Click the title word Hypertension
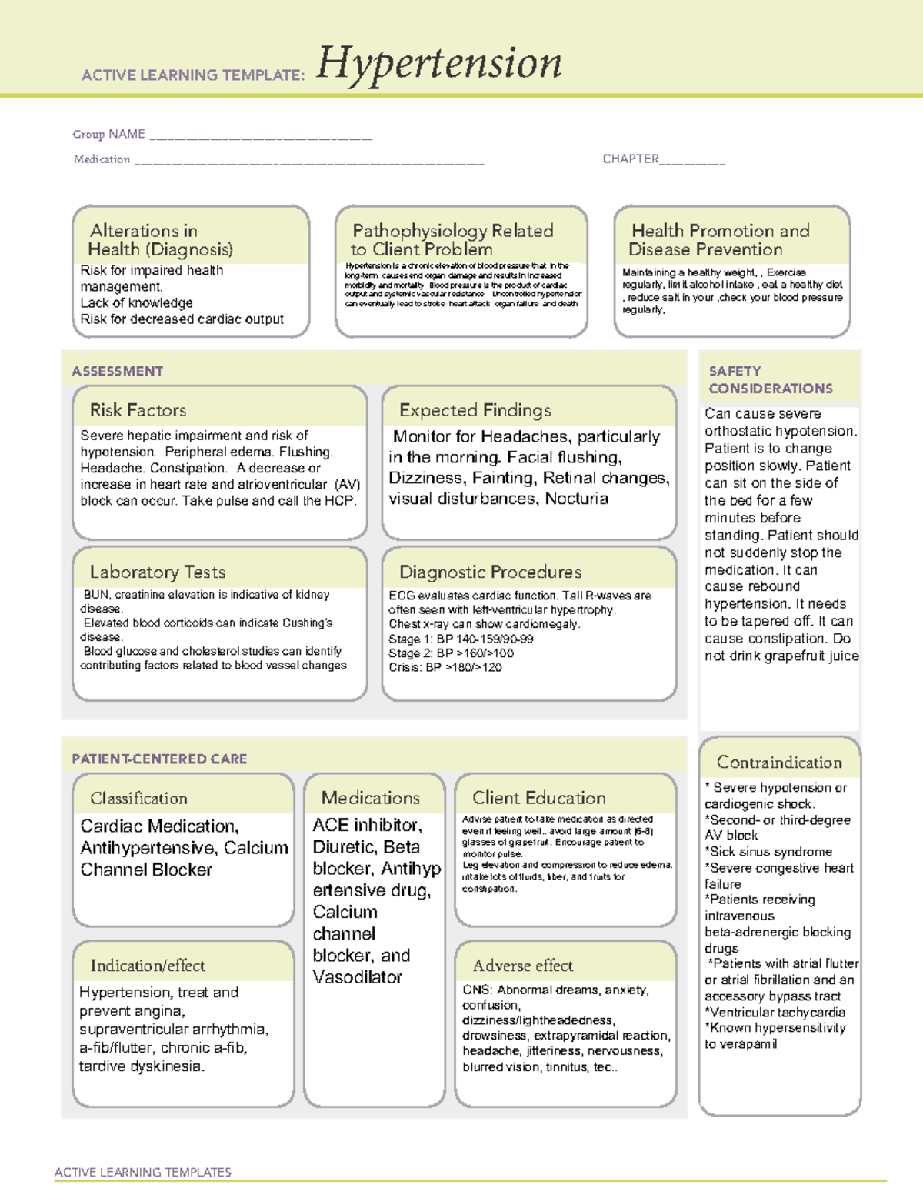tap(439, 64)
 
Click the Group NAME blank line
tap(261, 137)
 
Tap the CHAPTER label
tap(630, 159)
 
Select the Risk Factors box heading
tap(138, 410)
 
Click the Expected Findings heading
tap(475, 410)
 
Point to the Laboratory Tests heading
tap(157, 572)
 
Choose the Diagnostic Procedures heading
tap(490, 572)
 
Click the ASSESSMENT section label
tap(117, 371)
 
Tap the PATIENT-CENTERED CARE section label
tap(159, 759)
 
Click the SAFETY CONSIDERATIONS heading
tap(770, 380)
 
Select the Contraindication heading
tap(779, 763)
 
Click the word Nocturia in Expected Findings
tap(577, 499)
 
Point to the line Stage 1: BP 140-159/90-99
tap(461, 639)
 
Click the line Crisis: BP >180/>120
tap(445, 667)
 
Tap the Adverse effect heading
tap(523, 965)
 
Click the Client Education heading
tap(538, 798)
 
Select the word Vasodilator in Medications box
tap(357, 977)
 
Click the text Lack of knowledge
tap(136, 302)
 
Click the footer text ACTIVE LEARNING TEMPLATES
tap(142, 1172)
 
